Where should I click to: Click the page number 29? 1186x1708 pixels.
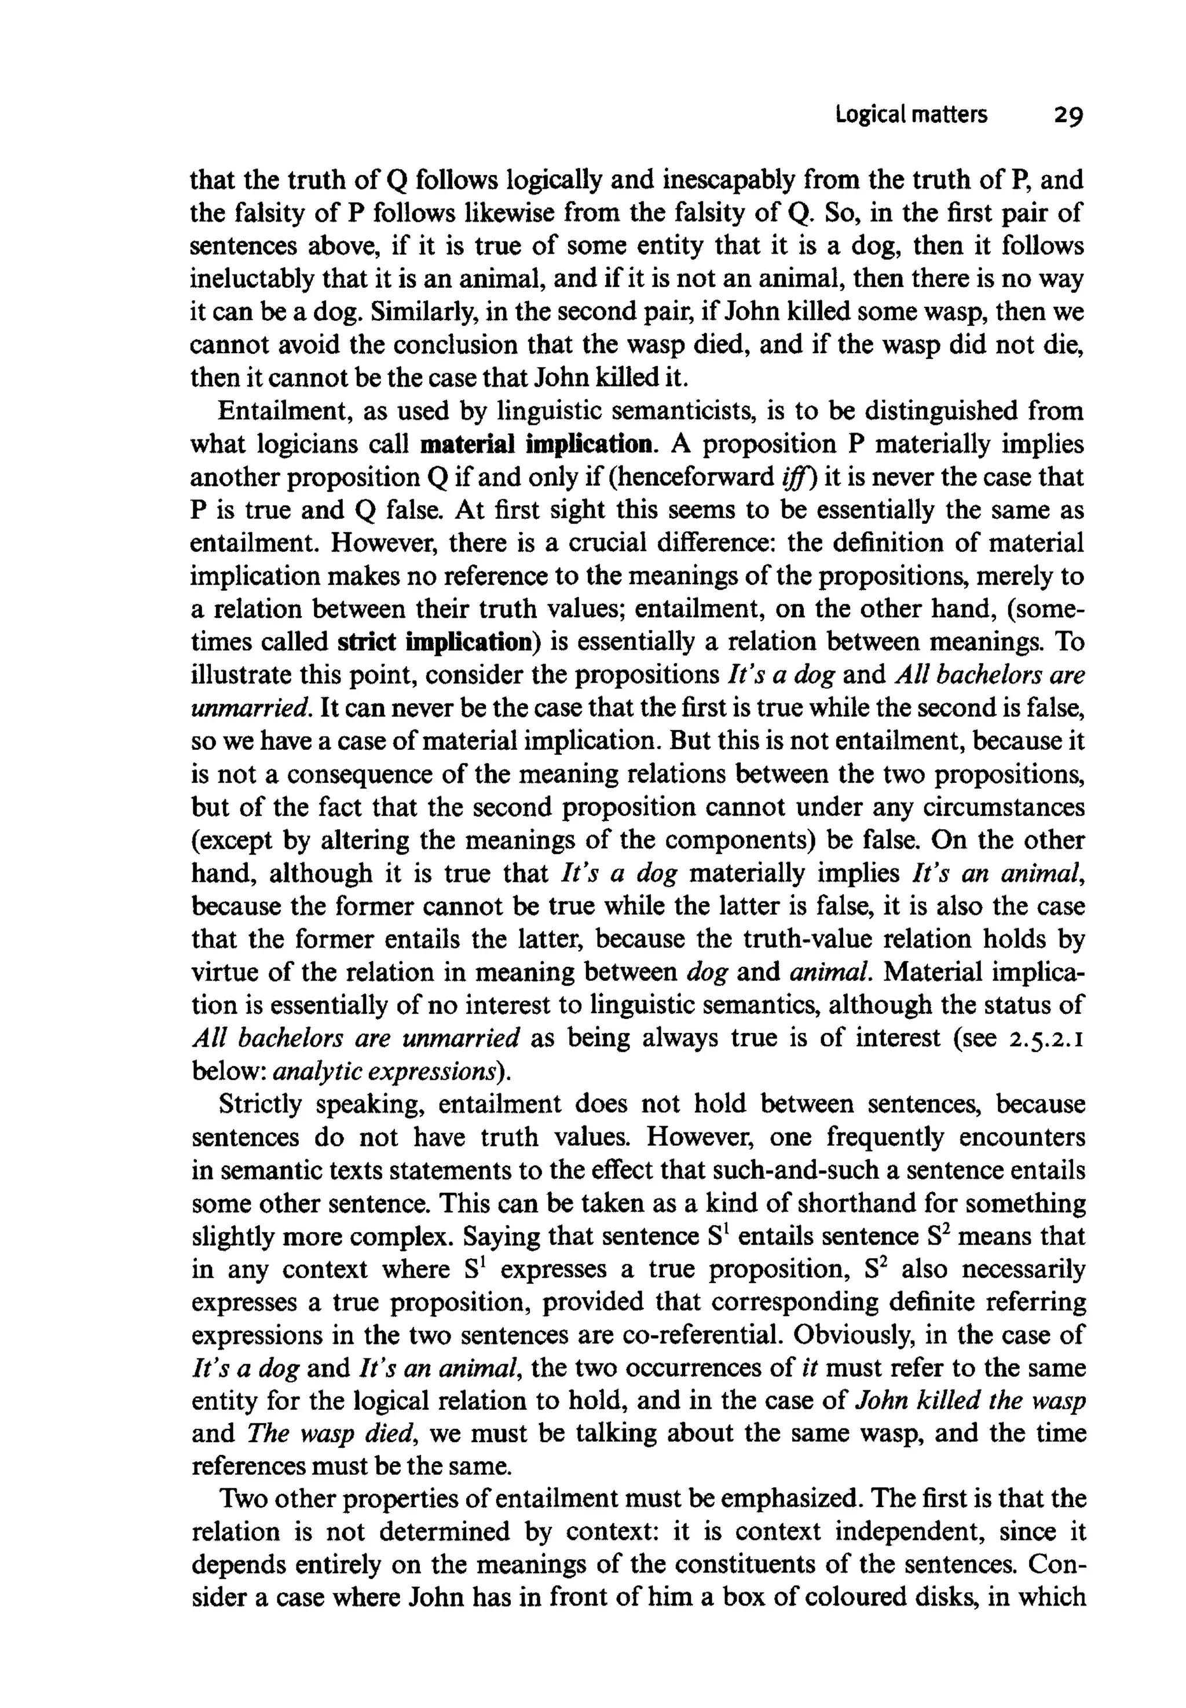click(x=1067, y=116)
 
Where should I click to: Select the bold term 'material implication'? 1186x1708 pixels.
click(x=538, y=444)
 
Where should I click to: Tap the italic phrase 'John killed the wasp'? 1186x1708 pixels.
click(x=971, y=1401)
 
